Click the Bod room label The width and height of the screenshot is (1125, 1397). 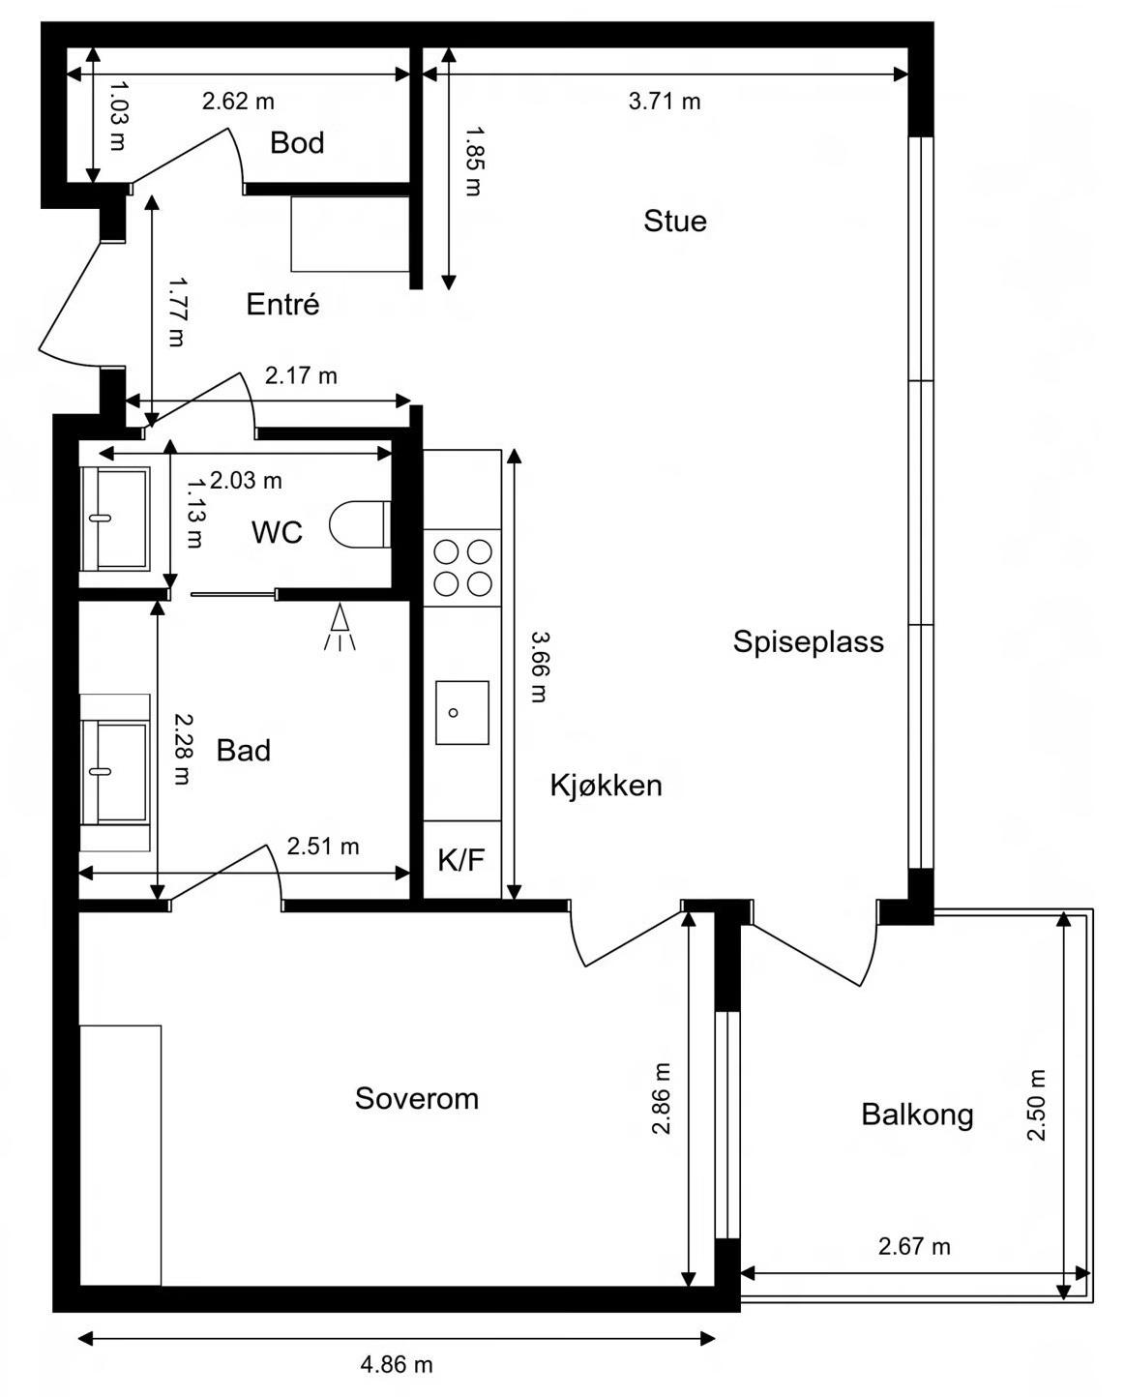point(297,143)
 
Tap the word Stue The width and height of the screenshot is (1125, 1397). point(674,221)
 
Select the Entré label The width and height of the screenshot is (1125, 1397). point(282,304)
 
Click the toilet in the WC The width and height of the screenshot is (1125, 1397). point(360,524)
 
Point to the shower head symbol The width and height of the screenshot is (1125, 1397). point(340,627)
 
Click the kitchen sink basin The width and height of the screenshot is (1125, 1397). point(461,712)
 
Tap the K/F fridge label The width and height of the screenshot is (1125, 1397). point(460,859)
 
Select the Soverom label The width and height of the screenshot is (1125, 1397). point(417,1098)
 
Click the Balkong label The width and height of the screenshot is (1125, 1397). point(917,1115)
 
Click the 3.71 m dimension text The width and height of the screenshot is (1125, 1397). point(665,102)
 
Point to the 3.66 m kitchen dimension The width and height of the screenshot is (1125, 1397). point(540,667)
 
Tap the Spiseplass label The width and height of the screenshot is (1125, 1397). point(809,642)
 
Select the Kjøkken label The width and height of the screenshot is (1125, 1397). point(606,785)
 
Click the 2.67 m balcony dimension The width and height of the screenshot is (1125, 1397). point(914,1246)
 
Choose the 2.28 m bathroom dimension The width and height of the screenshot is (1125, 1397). point(183,749)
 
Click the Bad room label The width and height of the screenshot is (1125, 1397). point(244,751)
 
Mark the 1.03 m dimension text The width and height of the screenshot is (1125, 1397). point(118,115)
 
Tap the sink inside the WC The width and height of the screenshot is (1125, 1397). point(115,519)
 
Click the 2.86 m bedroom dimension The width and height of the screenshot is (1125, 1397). point(661,1098)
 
